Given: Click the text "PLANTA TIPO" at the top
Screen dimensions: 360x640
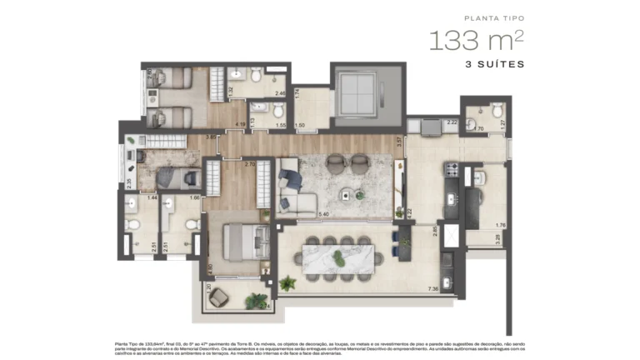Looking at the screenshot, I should point(493,17).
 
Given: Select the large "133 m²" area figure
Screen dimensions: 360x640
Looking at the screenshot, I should point(477,40).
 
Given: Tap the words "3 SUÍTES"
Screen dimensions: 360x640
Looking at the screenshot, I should point(496,64).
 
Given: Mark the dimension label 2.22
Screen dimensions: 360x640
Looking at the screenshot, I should point(451,122).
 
